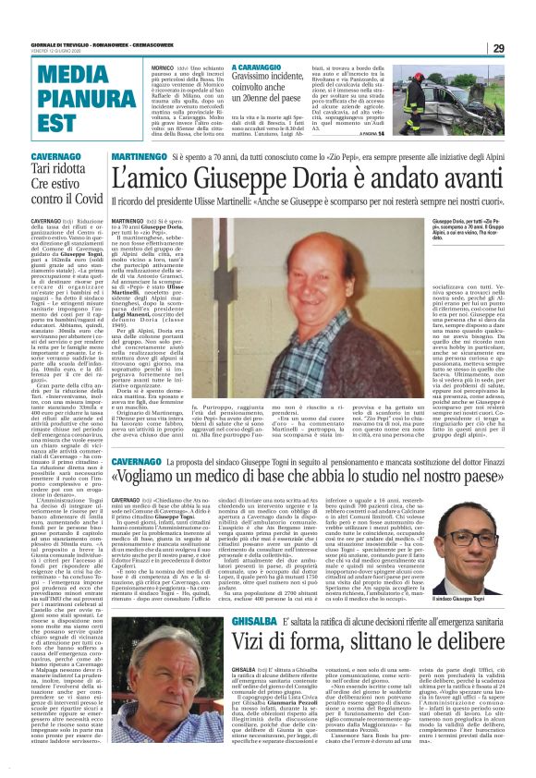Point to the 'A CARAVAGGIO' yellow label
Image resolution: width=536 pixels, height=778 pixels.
[261, 67]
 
